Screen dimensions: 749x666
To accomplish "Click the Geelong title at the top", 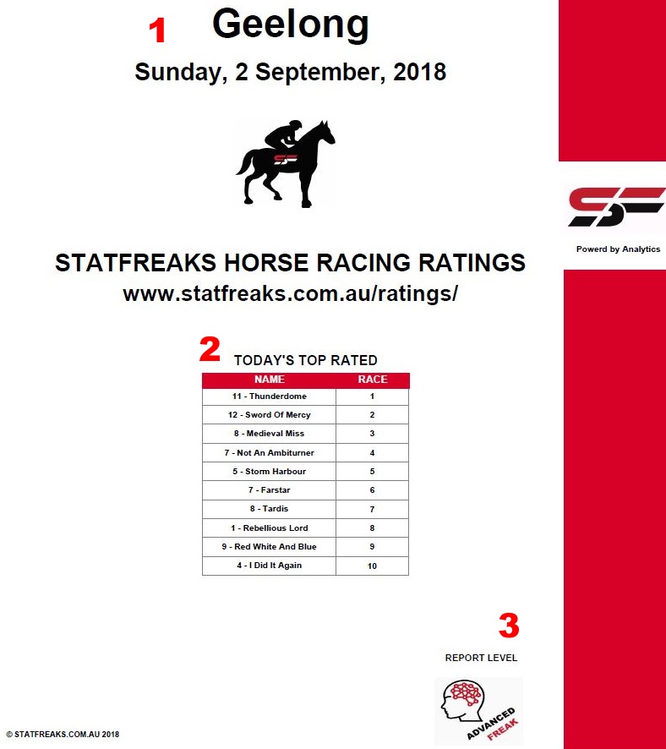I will (x=290, y=25).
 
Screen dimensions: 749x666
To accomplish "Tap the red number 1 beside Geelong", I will (x=157, y=31).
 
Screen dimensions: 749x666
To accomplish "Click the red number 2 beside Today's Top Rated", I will (x=209, y=349).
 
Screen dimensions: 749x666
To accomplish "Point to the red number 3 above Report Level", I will (x=508, y=626).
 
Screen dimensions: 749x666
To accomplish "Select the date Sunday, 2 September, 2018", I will (x=290, y=72).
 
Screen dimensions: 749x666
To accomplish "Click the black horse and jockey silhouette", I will (x=286, y=163).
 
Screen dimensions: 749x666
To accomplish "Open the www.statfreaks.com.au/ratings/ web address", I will (x=290, y=294).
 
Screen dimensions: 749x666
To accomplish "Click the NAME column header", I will (x=269, y=380).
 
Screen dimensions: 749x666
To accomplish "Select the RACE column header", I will (x=372, y=380).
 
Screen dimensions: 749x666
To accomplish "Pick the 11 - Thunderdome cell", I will (x=269, y=396).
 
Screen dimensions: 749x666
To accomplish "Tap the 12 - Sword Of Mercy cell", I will (x=269, y=415).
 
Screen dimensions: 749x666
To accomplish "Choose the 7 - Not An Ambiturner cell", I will (x=269, y=453).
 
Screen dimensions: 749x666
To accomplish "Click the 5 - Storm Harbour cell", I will (x=269, y=472).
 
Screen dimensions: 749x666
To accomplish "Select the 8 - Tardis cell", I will (x=269, y=509).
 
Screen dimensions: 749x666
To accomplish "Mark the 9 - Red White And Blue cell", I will (x=269, y=547).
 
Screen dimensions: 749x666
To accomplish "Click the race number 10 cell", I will (x=372, y=566).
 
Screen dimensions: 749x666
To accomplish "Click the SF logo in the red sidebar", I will (x=615, y=207).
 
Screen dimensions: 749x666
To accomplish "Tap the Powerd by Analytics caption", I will (x=618, y=249).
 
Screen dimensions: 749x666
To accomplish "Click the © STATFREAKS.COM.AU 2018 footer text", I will (x=63, y=735).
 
